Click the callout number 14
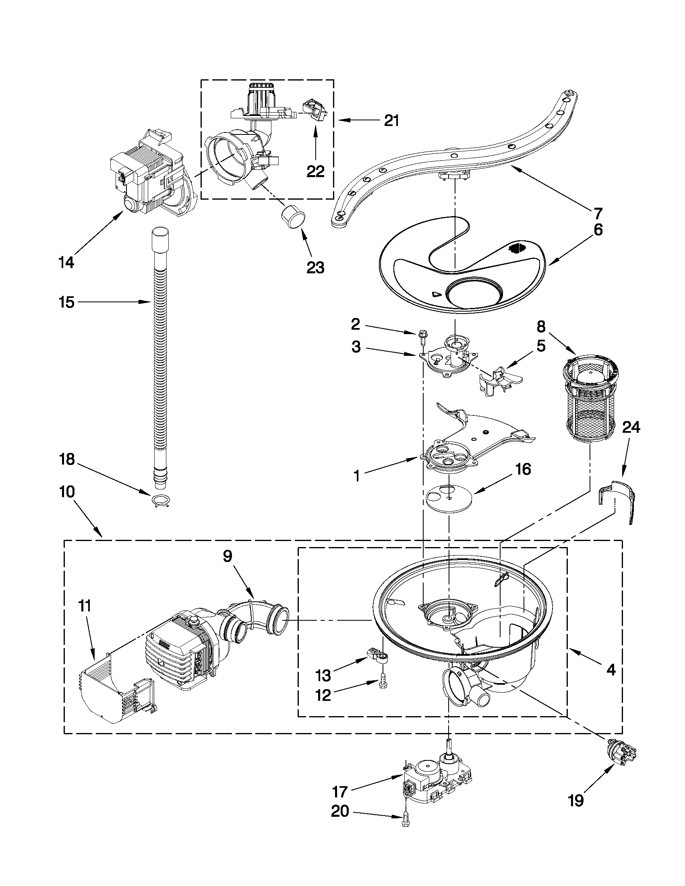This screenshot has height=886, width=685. tap(66, 262)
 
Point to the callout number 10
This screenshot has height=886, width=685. tap(66, 492)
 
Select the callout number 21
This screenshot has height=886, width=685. tap(391, 120)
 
